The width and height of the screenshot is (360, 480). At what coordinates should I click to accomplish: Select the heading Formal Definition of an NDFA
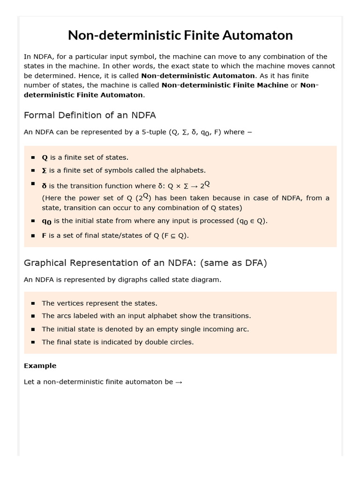coord(90,115)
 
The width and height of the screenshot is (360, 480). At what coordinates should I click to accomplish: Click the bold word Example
coord(40,366)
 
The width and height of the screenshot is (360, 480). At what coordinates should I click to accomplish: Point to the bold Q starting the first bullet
coord(45,157)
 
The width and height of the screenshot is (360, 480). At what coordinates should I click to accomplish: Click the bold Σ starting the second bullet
coord(45,171)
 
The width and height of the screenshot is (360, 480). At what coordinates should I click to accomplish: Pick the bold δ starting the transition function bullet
coord(45,186)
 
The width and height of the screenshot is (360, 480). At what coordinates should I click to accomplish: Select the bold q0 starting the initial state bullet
coord(46,221)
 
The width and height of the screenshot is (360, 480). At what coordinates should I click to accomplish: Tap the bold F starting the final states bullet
coord(44,236)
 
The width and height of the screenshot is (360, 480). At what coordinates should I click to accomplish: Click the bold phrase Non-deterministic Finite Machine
coord(225,85)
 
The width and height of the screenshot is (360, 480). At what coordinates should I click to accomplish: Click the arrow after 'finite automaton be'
coord(179,382)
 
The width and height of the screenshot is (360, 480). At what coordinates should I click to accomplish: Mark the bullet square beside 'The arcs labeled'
coord(33,316)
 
